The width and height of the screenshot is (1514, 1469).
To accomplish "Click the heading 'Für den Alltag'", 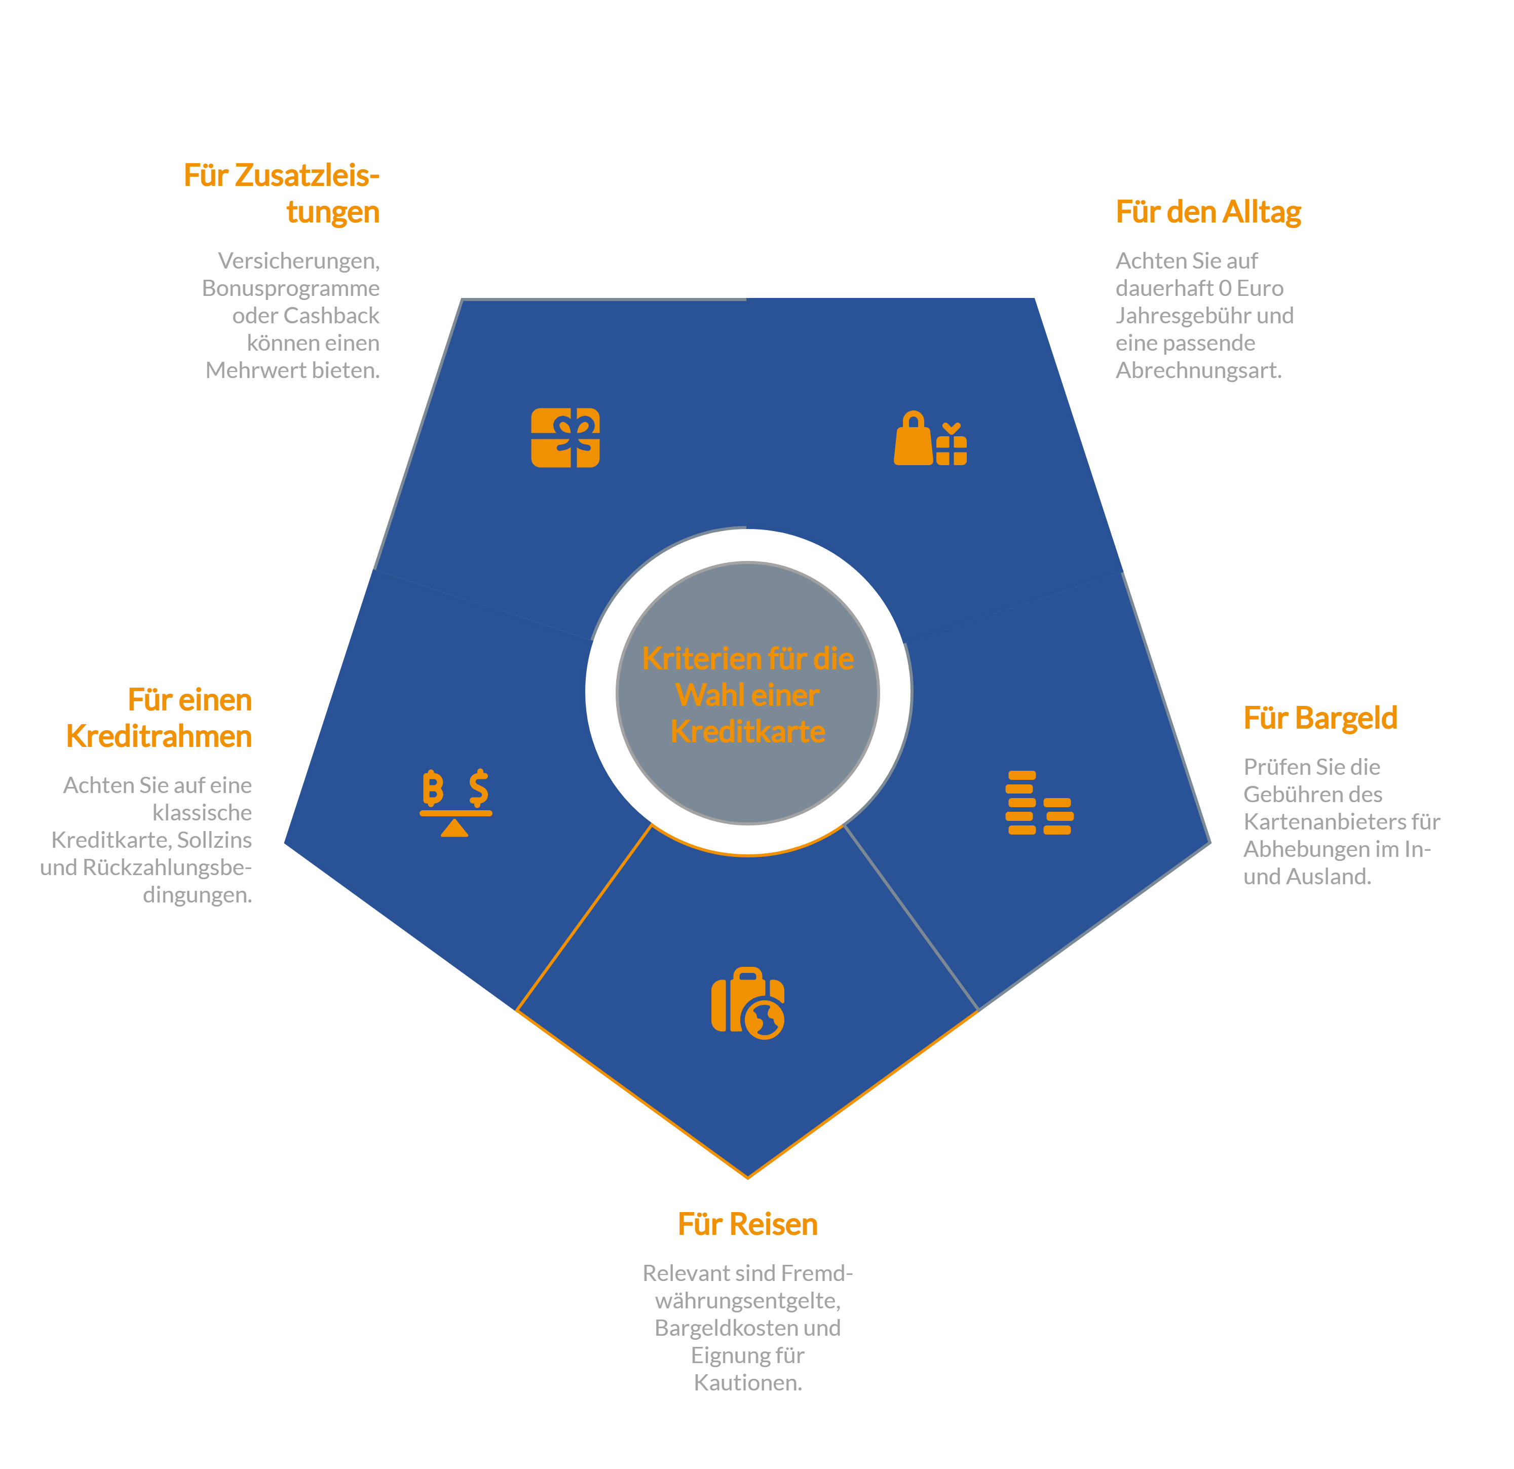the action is pyautogui.click(x=1208, y=212).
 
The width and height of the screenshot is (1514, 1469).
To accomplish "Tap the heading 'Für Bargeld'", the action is pyautogui.click(x=1320, y=718).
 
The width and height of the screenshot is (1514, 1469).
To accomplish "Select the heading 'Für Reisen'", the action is pyautogui.click(x=748, y=1224).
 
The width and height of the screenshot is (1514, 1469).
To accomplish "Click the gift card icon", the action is pyautogui.click(x=565, y=438).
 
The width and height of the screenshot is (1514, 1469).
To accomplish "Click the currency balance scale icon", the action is pyautogui.click(x=456, y=803).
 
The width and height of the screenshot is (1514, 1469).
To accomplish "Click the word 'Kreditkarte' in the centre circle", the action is pyautogui.click(x=748, y=731).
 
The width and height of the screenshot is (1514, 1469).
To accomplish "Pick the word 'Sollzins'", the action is pyautogui.click(x=215, y=840).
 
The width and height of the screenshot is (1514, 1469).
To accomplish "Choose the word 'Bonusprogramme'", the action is pyautogui.click(x=290, y=289).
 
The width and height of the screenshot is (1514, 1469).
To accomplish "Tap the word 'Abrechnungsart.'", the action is pyautogui.click(x=1199, y=371).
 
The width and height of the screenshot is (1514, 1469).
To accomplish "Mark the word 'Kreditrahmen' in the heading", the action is pyautogui.click(x=159, y=737).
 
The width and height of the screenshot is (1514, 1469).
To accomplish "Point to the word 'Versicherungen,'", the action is pyautogui.click(x=299, y=261).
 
